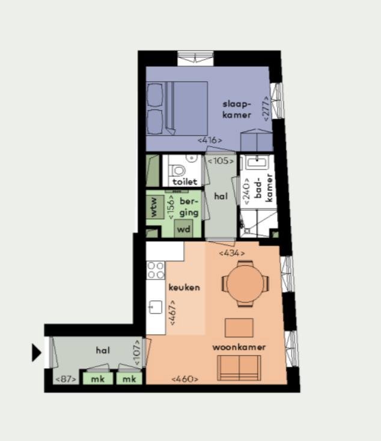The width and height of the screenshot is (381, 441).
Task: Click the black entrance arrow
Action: tap(37, 353)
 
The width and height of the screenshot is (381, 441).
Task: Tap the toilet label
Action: tap(185, 181)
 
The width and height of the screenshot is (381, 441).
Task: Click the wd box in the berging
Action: tap(184, 228)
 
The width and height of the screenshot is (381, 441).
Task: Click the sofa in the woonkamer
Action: tap(239, 367)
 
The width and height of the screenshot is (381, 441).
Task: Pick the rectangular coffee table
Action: tap(239, 327)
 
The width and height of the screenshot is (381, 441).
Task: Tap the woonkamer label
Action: tap(239, 347)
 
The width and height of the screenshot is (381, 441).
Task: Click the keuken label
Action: tap(184, 287)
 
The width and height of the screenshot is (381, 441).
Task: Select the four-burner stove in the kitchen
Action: tap(156, 270)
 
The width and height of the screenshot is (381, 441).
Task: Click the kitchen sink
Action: tap(155, 308)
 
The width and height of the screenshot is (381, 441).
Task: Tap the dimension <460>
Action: tap(184, 379)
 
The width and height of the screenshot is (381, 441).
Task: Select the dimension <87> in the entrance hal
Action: tap(65, 379)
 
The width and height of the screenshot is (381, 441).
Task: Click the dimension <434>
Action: tap(231, 253)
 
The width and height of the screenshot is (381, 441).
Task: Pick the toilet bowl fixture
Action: tap(177, 169)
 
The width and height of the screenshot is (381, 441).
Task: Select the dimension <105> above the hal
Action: tap(221, 160)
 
